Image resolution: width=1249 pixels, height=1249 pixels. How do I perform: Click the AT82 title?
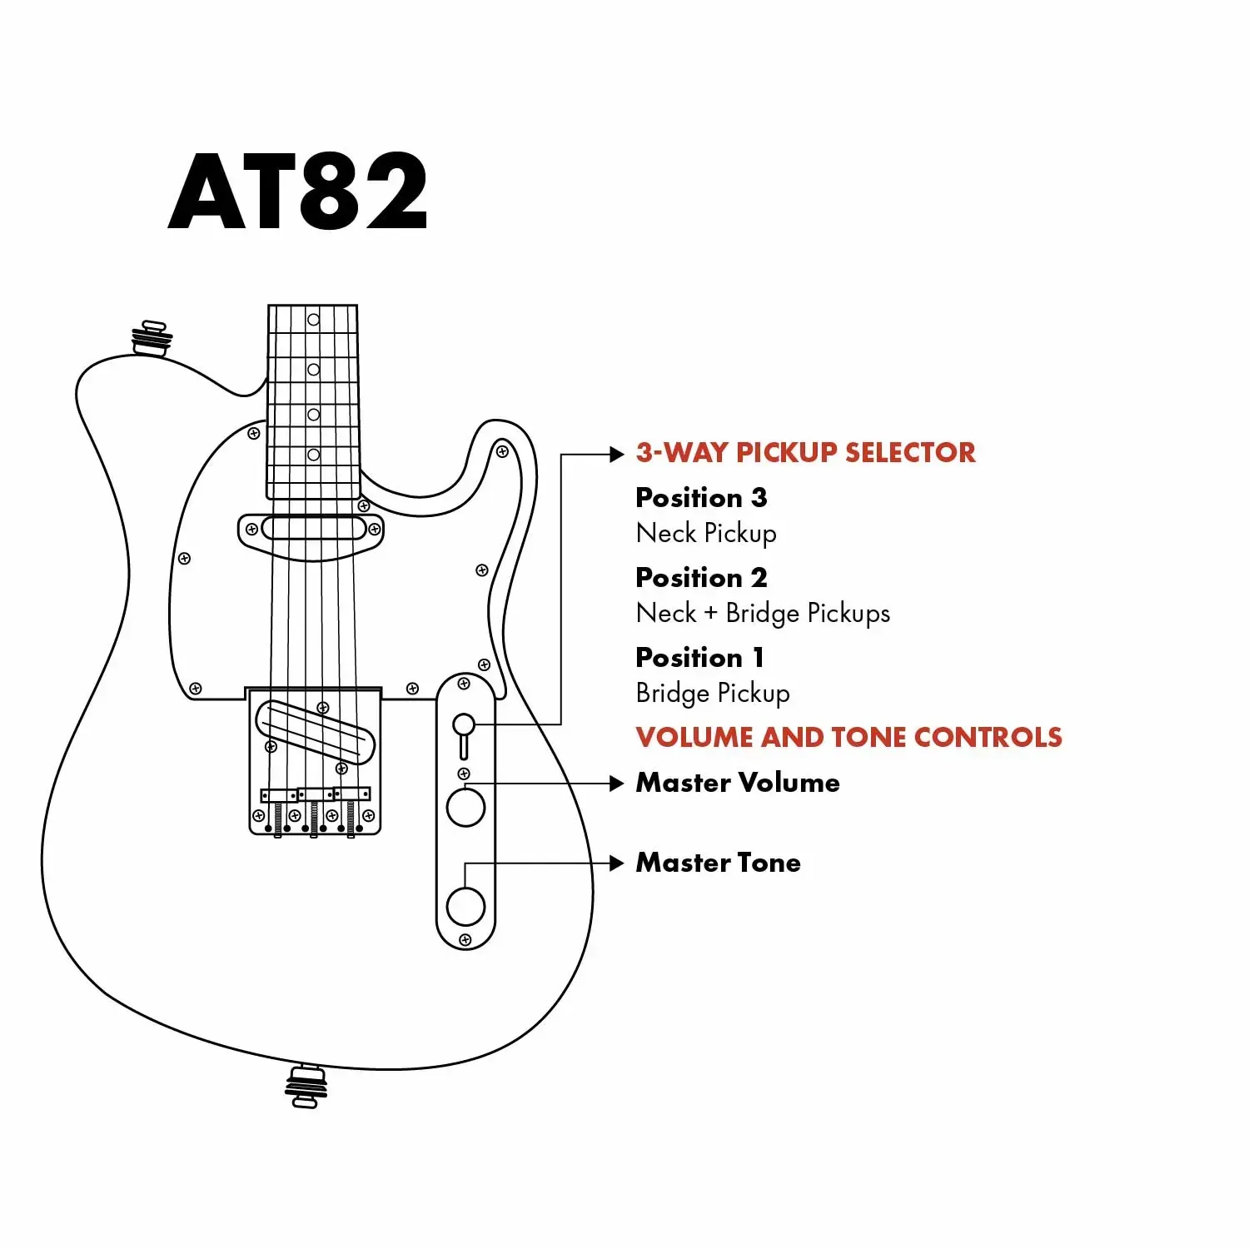(297, 192)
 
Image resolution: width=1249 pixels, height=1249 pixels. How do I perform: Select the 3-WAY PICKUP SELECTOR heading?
(805, 452)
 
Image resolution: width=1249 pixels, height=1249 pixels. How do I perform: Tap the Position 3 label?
(701, 498)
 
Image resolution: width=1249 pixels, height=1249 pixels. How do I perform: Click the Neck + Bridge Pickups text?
(763, 614)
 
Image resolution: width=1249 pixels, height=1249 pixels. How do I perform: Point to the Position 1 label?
(699, 658)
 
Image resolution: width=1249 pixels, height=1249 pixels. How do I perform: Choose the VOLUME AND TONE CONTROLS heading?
(848, 737)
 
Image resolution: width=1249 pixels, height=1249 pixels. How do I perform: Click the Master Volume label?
(738, 783)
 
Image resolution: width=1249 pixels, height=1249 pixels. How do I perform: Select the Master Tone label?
(718, 863)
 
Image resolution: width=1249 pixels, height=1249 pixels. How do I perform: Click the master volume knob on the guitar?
(465, 807)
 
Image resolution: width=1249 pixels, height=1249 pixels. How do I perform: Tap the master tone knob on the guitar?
(465, 906)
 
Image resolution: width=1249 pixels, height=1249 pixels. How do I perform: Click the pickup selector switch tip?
(464, 724)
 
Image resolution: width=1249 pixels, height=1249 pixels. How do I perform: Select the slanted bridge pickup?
(316, 732)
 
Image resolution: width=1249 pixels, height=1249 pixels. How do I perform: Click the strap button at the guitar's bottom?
(306, 1086)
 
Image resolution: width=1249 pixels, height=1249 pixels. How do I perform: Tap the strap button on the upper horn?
(152, 338)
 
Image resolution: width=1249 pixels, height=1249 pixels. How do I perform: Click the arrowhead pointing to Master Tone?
(616, 863)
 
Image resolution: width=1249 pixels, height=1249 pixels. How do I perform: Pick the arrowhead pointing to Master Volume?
(616, 784)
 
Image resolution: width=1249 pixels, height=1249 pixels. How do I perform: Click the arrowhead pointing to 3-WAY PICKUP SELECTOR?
(616, 454)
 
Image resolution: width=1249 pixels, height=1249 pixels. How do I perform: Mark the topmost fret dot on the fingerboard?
(313, 320)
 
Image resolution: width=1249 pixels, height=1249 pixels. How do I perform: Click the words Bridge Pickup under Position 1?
(713, 693)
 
